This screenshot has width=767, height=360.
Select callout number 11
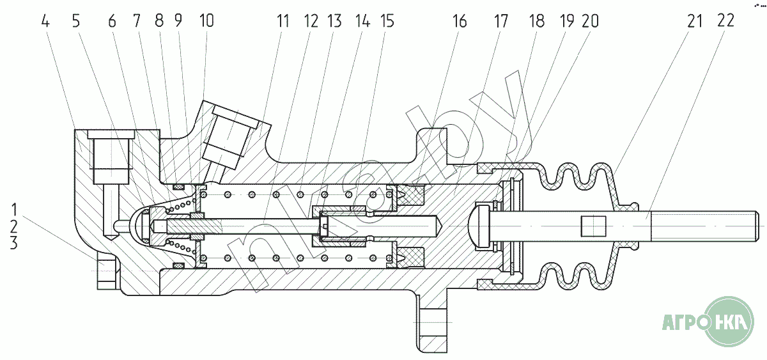coord(283,21)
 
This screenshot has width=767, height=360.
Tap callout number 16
coord(460,21)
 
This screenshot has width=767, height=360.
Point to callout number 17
coord(500,21)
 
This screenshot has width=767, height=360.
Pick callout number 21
coord(695,21)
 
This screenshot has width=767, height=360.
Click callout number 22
coord(725,21)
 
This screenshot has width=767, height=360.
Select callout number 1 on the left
coord(15,210)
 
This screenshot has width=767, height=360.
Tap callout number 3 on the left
coord(15,244)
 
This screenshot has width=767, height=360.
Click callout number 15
coord(386,21)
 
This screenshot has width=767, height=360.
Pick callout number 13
coord(334,21)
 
